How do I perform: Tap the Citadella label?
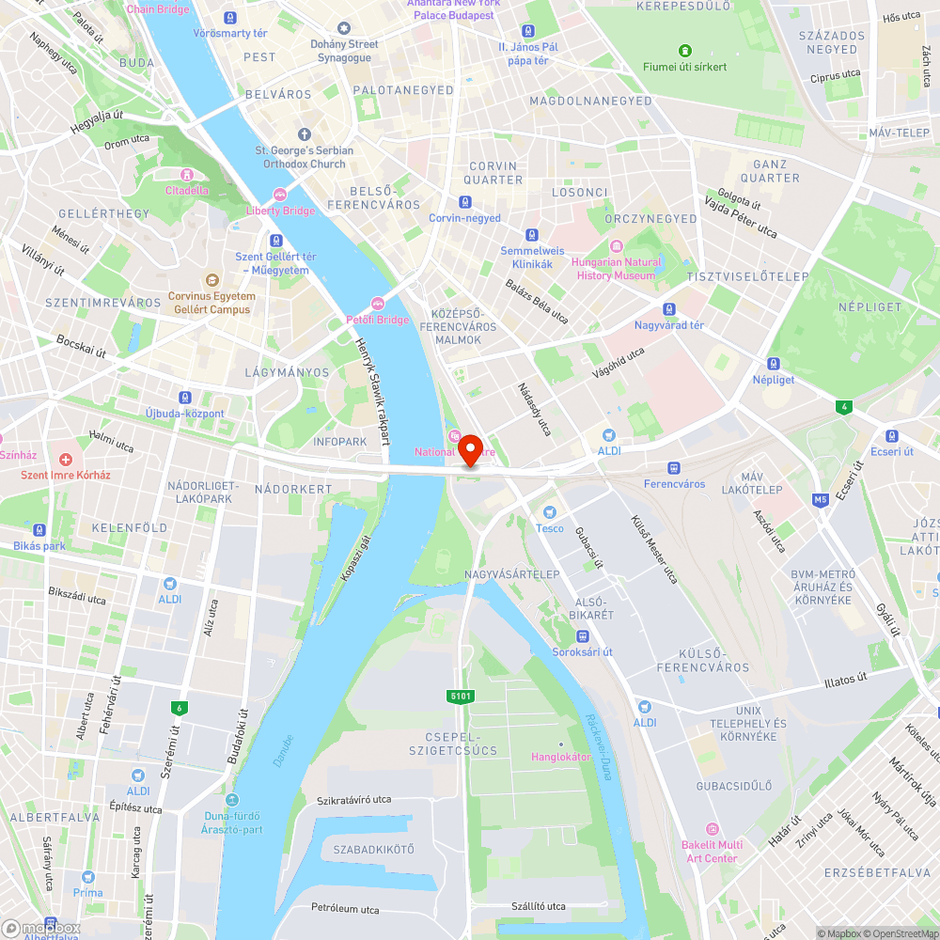186,190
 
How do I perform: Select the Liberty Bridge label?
280,211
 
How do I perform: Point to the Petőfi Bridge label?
378,320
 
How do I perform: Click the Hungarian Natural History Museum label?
616,269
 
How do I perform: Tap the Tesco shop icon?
550,511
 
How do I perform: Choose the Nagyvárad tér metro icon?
668,309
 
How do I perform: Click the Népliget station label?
773,379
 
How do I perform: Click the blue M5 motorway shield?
821,499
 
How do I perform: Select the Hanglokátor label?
561,757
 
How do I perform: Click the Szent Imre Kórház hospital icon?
66,460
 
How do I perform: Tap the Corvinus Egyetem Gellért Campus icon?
211,280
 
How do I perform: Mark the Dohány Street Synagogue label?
344,51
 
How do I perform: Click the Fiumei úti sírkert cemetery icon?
685,51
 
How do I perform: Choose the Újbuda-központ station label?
185,414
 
